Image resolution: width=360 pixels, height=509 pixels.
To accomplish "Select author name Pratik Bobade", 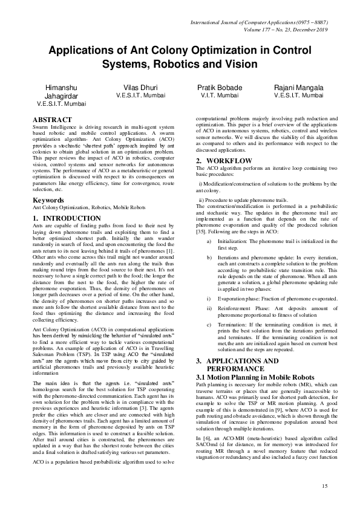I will (x=220, y=88).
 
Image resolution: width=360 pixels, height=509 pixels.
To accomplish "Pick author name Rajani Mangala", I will (x=298, y=88).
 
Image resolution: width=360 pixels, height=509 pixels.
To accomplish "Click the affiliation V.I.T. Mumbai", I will (x=220, y=96).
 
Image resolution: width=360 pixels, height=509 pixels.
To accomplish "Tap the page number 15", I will (x=324, y=486).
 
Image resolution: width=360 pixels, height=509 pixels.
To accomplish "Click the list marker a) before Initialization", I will (x=209, y=241).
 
